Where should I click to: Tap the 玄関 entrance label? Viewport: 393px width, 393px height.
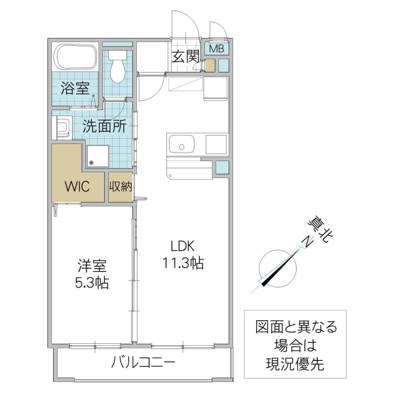coord(185,56)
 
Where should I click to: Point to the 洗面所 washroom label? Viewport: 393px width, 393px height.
coord(104,126)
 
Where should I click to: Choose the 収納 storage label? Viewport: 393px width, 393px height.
coord(121,186)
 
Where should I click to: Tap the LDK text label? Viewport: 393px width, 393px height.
coord(183,247)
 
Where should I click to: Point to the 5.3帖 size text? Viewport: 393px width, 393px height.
coord(91,284)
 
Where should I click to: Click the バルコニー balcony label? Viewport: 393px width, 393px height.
coord(142,362)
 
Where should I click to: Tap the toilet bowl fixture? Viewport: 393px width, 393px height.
coord(118,67)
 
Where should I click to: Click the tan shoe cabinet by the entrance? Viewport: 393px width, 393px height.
coord(210,65)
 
